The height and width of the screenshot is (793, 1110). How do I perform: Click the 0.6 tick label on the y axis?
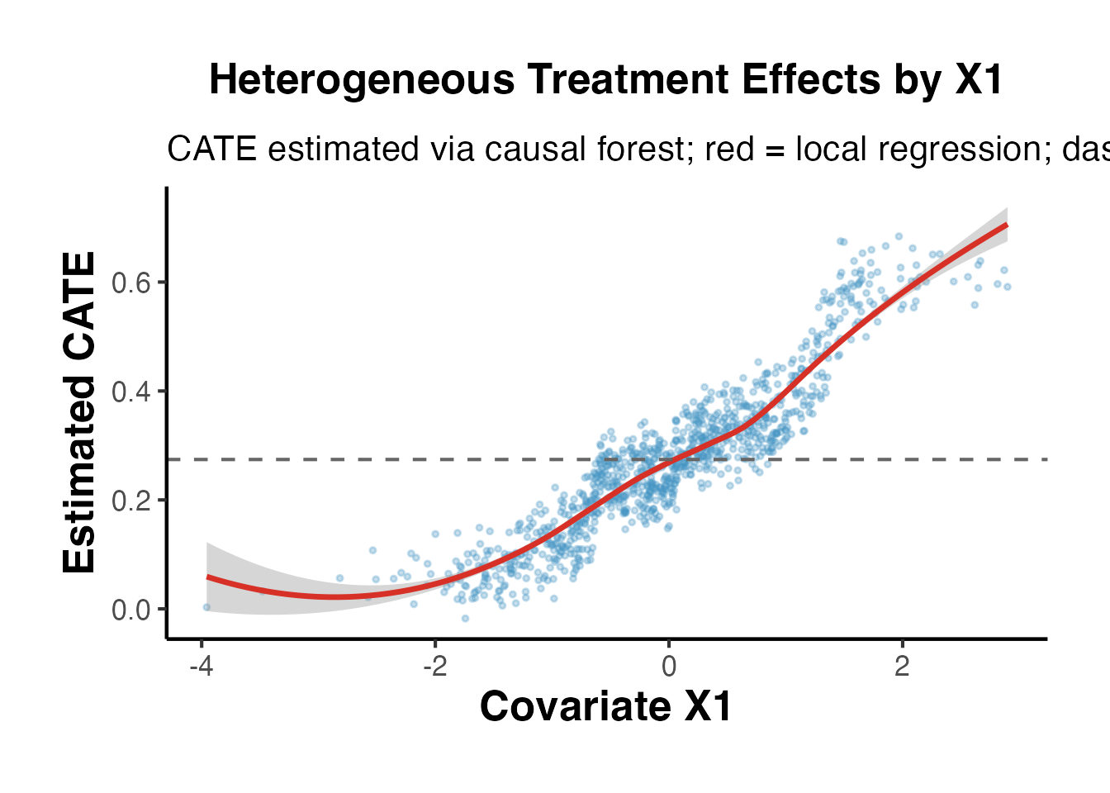[131, 283]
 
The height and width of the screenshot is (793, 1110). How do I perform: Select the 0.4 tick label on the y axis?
[131, 392]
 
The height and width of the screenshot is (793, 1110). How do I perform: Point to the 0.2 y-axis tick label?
[131, 501]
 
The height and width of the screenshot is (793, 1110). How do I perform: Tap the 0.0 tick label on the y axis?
[131, 610]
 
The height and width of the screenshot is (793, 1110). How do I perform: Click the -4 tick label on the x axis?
[202, 666]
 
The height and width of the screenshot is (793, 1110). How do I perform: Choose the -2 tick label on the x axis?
[435, 666]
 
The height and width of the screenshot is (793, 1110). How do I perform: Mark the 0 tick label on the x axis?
[669, 666]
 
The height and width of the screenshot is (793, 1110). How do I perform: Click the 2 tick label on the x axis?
[902, 666]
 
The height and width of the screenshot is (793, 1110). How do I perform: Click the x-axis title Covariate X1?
[605, 707]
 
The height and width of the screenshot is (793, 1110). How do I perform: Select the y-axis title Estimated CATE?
[80, 413]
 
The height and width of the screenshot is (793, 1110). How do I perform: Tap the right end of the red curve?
[1007, 225]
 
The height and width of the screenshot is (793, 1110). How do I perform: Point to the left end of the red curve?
[207, 577]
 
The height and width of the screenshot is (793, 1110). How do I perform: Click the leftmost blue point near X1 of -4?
[206, 607]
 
